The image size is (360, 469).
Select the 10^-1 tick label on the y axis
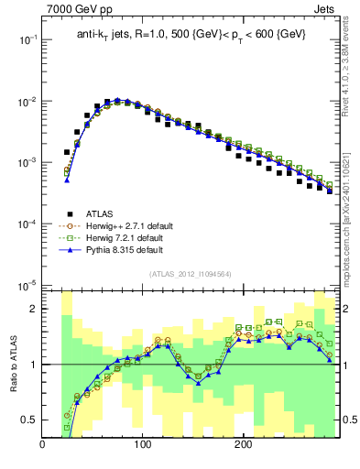point(27,40)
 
